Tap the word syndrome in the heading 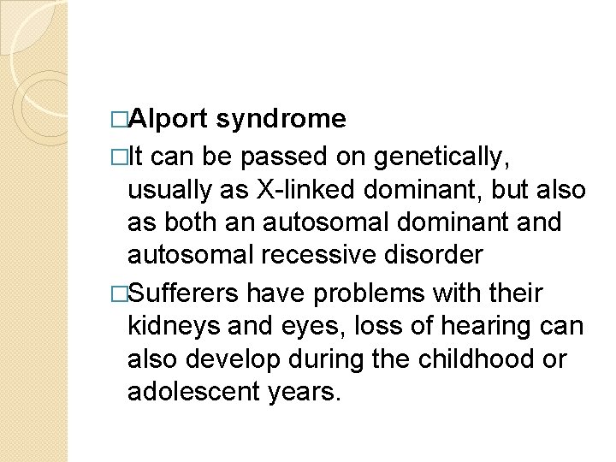281,119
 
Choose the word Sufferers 183,293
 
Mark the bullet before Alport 118,119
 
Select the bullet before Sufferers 118,293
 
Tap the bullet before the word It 118,157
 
